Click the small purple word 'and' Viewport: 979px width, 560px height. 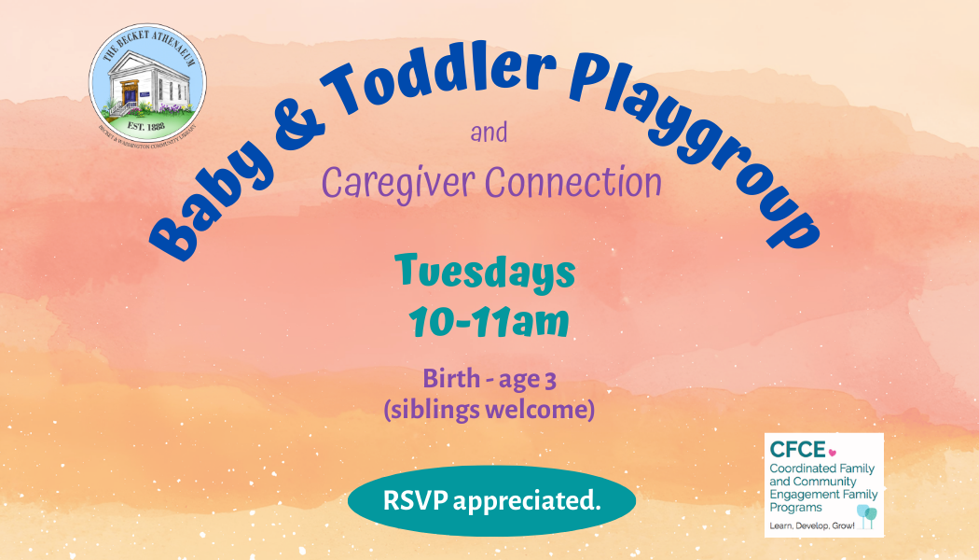489,133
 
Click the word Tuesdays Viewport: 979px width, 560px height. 485,273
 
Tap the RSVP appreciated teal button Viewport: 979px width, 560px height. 491,500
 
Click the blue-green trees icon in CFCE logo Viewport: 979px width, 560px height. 866,514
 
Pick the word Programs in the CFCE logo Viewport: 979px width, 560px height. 796,508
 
